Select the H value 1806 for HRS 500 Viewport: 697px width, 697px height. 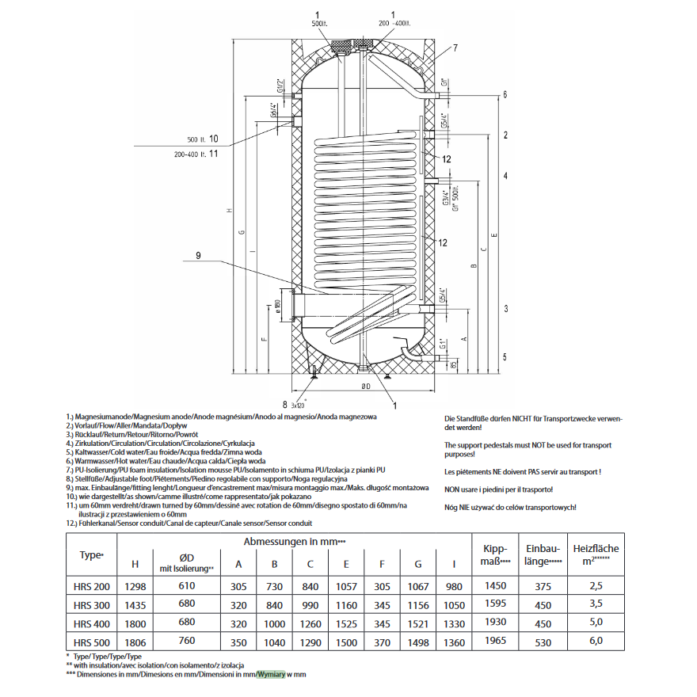pyautogui.click(x=135, y=642)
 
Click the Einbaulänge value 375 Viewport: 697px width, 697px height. pyautogui.click(x=543, y=587)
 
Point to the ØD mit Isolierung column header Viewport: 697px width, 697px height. pyautogui.click(x=187, y=563)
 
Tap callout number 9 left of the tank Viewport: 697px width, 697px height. pyautogui.click(x=199, y=255)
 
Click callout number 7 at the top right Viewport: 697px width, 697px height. pyautogui.click(x=455, y=48)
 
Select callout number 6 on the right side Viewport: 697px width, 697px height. pyautogui.click(x=505, y=95)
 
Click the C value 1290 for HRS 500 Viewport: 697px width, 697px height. pyautogui.click(x=310, y=642)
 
